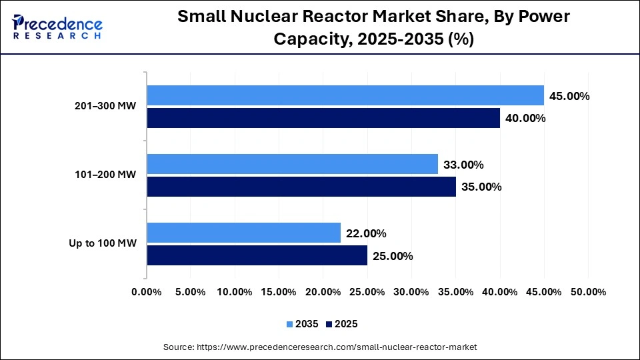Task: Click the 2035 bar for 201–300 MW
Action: tap(345, 96)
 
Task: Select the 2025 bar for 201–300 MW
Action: tap(323, 118)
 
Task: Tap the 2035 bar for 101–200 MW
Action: tap(292, 164)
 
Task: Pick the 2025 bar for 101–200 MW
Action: tap(301, 187)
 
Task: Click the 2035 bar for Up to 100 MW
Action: tap(243, 233)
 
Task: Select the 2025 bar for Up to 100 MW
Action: tap(257, 255)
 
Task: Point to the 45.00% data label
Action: tap(569, 96)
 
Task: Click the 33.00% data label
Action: tap(463, 165)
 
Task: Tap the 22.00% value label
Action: tap(366, 233)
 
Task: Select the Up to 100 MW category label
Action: tap(103, 243)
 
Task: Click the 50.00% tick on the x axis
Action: tap(588, 292)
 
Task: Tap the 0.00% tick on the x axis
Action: tap(147, 292)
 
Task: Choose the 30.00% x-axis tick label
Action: tap(411, 292)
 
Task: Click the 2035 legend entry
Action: tap(303, 324)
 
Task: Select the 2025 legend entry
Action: tap(342, 324)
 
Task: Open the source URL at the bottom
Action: tap(320, 347)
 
